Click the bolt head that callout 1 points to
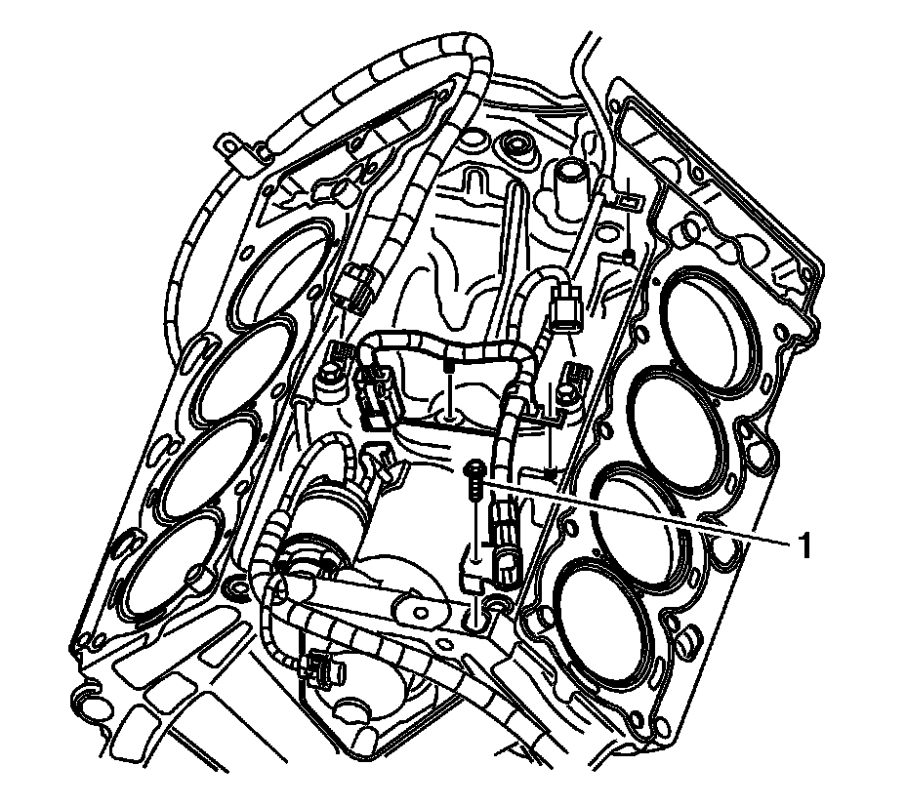point(474,471)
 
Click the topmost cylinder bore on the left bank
point(278,272)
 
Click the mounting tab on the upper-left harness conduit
point(231,147)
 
